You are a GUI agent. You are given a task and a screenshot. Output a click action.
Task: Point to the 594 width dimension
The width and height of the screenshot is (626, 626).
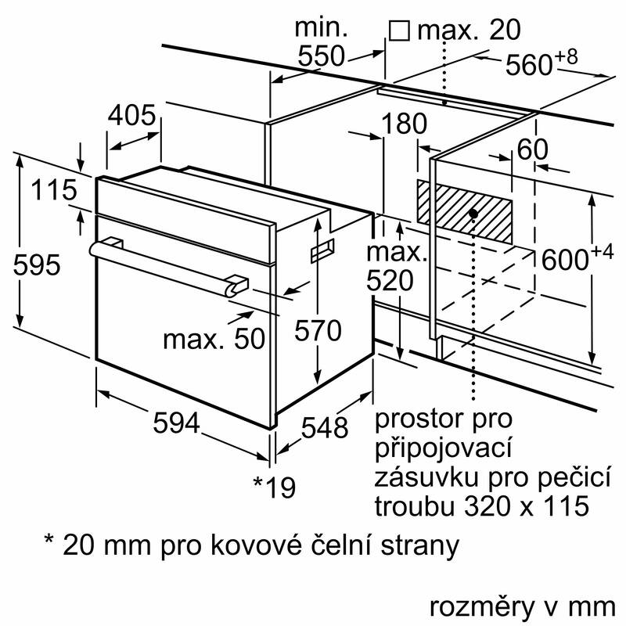175,422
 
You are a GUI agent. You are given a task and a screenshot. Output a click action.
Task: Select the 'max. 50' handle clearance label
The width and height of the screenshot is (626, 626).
214,339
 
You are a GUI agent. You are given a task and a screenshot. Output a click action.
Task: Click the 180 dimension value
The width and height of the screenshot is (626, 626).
405,124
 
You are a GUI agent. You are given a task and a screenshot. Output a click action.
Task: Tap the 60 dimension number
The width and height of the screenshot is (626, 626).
532,149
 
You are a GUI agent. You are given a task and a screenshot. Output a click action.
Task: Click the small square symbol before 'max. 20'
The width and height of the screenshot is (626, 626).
399,31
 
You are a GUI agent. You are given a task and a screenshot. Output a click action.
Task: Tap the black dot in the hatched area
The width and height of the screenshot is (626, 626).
474,213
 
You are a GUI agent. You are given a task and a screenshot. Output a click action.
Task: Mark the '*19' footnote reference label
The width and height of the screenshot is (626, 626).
275,487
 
